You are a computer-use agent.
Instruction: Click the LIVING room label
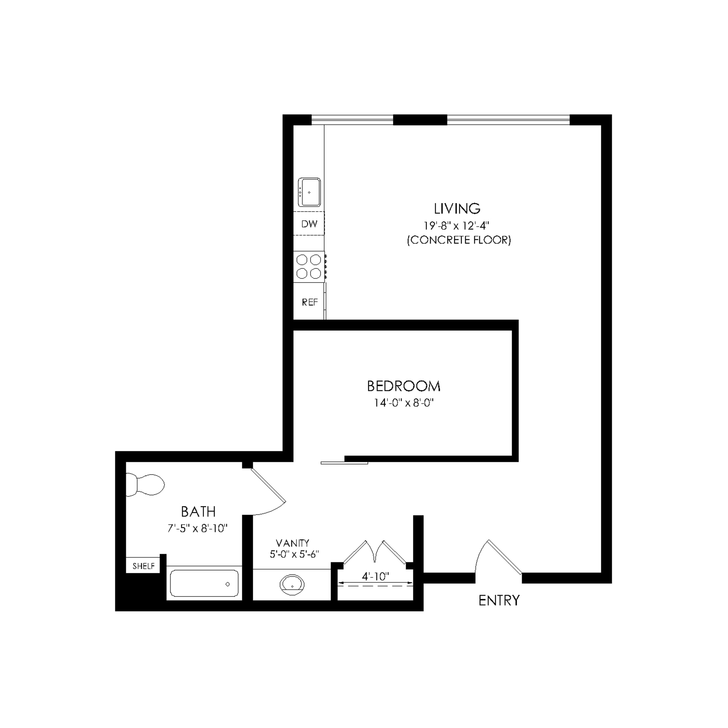pyautogui.click(x=457, y=209)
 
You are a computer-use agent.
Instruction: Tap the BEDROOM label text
pyautogui.click(x=403, y=386)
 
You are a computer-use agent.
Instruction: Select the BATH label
pyautogui.click(x=198, y=511)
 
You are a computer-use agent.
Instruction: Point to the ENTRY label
pyautogui.click(x=499, y=600)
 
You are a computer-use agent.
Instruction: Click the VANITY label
pyautogui.click(x=292, y=543)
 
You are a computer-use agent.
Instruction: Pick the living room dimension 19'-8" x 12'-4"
pyautogui.click(x=456, y=226)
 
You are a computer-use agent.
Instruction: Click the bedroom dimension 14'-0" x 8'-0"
pyautogui.click(x=403, y=403)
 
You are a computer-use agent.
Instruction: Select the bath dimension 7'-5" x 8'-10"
pyautogui.click(x=197, y=528)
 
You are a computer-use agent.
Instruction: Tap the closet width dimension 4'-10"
pyautogui.click(x=375, y=576)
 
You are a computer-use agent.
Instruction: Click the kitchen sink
pyautogui.click(x=309, y=192)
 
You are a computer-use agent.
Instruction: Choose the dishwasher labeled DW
pyautogui.click(x=309, y=224)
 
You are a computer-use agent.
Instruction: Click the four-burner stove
pyautogui.click(x=309, y=267)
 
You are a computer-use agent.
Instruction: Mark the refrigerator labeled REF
pyautogui.click(x=309, y=302)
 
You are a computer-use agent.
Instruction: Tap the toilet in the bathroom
pyautogui.click(x=145, y=485)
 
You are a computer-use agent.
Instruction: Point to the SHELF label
pyautogui.click(x=143, y=566)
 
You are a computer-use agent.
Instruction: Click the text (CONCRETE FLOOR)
pyautogui.click(x=459, y=240)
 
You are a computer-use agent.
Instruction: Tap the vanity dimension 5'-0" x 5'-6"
pyautogui.click(x=294, y=554)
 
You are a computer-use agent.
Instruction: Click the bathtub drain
pyautogui.click(x=227, y=584)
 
